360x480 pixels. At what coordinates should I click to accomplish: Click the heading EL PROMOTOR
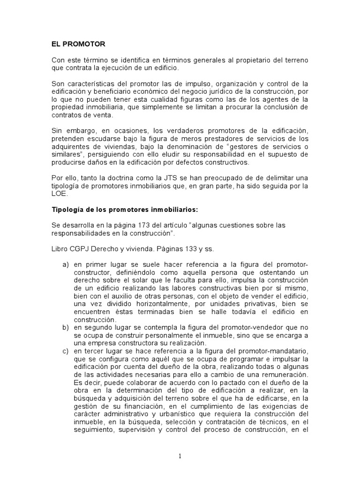(x=78, y=44)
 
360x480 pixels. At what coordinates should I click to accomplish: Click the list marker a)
(x=66, y=265)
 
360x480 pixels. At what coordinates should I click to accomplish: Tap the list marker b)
(x=66, y=327)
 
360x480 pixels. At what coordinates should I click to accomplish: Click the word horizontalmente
(x=143, y=304)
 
